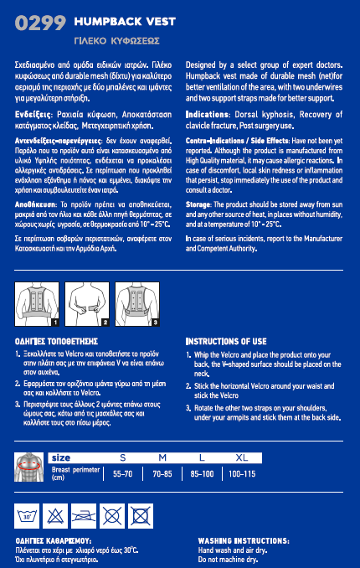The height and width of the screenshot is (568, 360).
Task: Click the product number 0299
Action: tap(40, 23)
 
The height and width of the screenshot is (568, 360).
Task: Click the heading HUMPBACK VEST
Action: tap(125, 22)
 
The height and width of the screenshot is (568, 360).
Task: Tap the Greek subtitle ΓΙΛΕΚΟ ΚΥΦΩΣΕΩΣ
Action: tap(116, 41)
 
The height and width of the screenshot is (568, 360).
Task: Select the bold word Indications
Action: tap(207, 115)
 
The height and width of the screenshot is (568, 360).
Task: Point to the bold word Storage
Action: tap(198, 204)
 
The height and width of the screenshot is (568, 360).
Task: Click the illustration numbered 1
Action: tap(37, 304)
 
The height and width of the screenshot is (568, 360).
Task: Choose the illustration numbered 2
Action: tap(87, 304)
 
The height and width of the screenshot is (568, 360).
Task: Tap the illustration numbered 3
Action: tap(137, 304)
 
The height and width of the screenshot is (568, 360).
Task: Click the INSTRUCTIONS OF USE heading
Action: tap(226, 342)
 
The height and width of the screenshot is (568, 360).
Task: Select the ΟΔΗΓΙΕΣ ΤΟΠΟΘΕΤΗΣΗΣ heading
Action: tap(56, 342)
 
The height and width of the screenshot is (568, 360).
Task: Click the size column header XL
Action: tap(242, 458)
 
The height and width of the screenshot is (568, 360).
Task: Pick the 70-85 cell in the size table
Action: tap(162, 474)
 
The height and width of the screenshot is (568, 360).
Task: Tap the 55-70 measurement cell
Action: tap(123, 474)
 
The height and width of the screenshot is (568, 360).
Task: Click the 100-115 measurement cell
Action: tap(242, 474)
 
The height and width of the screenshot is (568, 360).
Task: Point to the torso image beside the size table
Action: tap(29, 467)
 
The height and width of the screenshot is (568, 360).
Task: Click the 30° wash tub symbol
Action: tap(27, 516)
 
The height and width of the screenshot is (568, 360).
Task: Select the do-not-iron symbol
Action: tap(84, 516)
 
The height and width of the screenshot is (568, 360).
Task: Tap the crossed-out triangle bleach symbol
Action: tap(55, 516)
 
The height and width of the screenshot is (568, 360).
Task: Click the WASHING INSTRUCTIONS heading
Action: tap(244, 541)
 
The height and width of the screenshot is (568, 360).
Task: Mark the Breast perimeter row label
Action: tap(75, 473)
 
